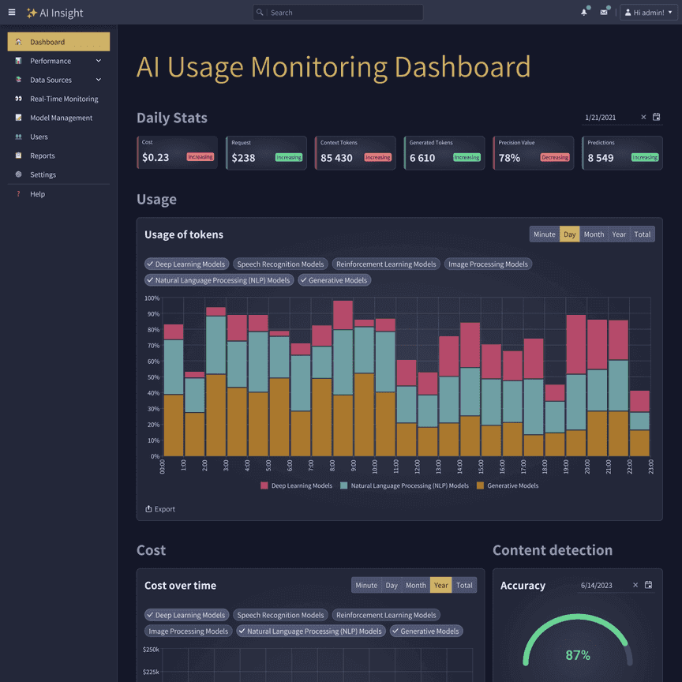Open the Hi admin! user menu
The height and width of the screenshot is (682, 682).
[x=648, y=13]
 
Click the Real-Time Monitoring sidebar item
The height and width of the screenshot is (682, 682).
[x=64, y=99]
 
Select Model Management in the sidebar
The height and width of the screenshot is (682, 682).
[x=61, y=118]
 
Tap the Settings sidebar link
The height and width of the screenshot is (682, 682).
[x=43, y=174]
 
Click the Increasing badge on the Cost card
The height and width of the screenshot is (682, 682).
[x=200, y=157]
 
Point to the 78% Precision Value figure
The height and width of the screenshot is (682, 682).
[x=509, y=158]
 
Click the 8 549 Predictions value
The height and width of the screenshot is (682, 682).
[x=601, y=158]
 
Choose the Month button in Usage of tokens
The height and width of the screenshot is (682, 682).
[x=594, y=234]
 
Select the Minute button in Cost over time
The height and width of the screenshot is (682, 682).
[x=366, y=585]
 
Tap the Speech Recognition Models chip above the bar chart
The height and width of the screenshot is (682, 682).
[x=280, y=264]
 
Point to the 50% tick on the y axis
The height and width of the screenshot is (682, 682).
[x=152, y=377]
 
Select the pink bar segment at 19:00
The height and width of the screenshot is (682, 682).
[x=576, y=344]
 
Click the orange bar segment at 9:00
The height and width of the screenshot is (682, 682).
[x=364, y=414]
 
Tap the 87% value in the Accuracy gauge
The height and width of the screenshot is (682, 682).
[x=578, y=655]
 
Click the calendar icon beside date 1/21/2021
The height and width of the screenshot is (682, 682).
[x=657, y=118]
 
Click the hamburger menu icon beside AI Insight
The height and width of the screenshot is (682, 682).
[x=12, y=13]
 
